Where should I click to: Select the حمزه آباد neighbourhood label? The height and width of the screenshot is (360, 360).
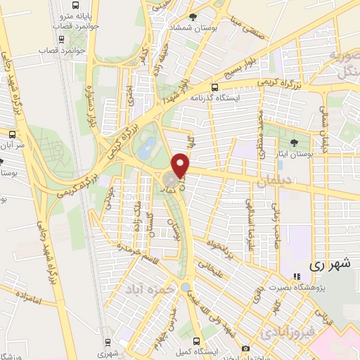point(148,289)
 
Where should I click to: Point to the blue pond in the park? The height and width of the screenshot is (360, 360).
point(147,148)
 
